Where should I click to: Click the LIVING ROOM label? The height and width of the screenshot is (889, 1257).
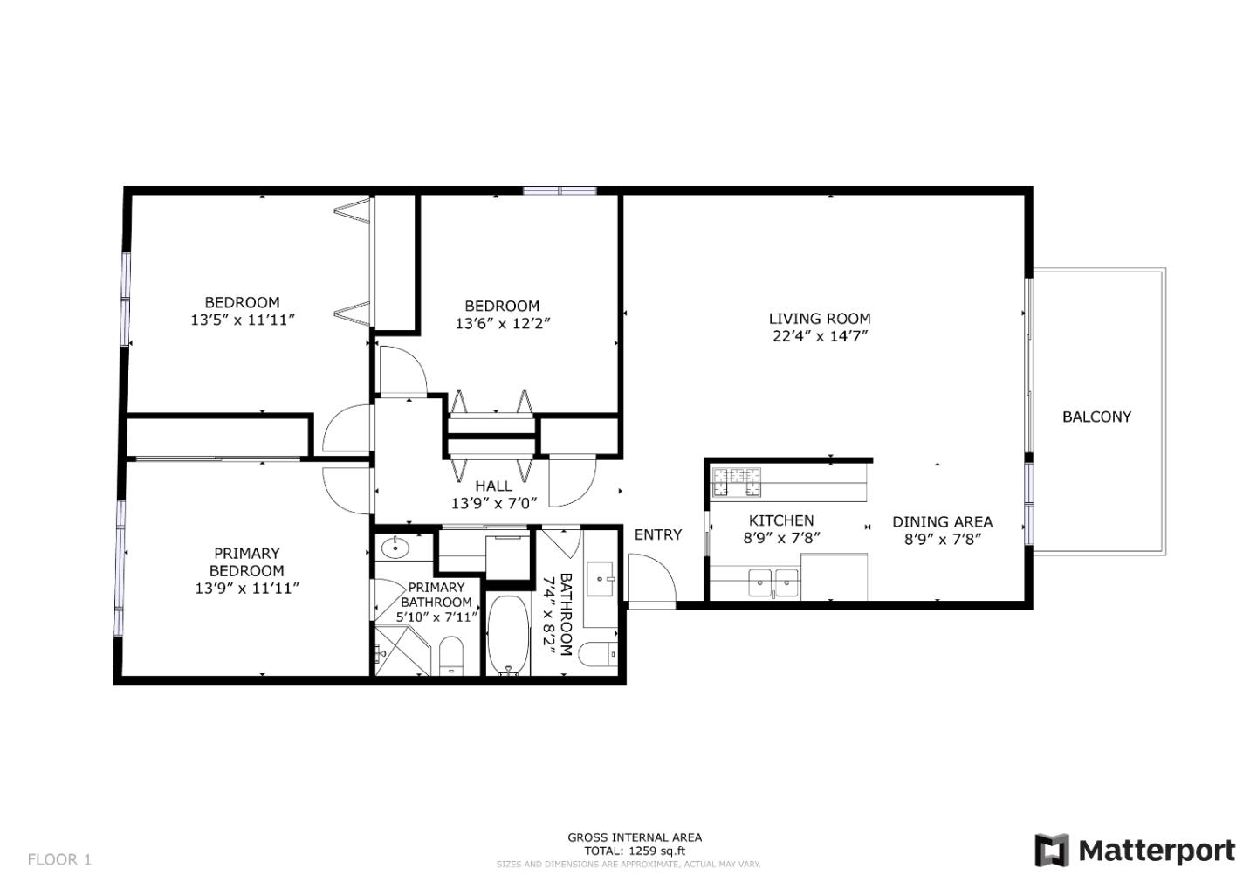[x=819, y=319]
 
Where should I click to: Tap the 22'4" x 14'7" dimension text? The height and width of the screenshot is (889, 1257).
[x=819, y=336]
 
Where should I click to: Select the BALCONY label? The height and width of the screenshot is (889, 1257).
[x=1096, y=417]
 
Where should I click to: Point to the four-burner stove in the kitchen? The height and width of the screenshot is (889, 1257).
[x=737, y=481]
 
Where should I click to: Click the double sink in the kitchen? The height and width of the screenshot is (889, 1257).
[x=773, y=581]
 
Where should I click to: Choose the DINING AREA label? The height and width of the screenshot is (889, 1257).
[x=942, y=522]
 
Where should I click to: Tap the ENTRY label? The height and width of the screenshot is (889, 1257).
[x=657, y=534]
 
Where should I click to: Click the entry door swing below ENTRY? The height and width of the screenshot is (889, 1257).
[x=651, y=581]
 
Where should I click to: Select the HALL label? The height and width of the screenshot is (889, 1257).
[x=493, y=486]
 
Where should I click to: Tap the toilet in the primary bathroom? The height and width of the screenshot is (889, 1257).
[x=450, y=655]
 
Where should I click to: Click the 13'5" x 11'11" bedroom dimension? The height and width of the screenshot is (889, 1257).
[x=243, y=320]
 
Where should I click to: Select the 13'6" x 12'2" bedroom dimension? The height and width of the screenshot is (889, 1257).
[x=502, y=323]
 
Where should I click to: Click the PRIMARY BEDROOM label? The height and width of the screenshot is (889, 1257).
[x=247, y=562]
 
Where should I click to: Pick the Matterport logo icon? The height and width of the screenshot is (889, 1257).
[x=1051, y=850]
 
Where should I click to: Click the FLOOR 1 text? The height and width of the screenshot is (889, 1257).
[x=59, y=859]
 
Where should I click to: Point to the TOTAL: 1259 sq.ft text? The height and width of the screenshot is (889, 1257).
[x=635, y=851]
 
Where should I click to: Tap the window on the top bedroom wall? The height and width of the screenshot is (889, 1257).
[x=560, y=190]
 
